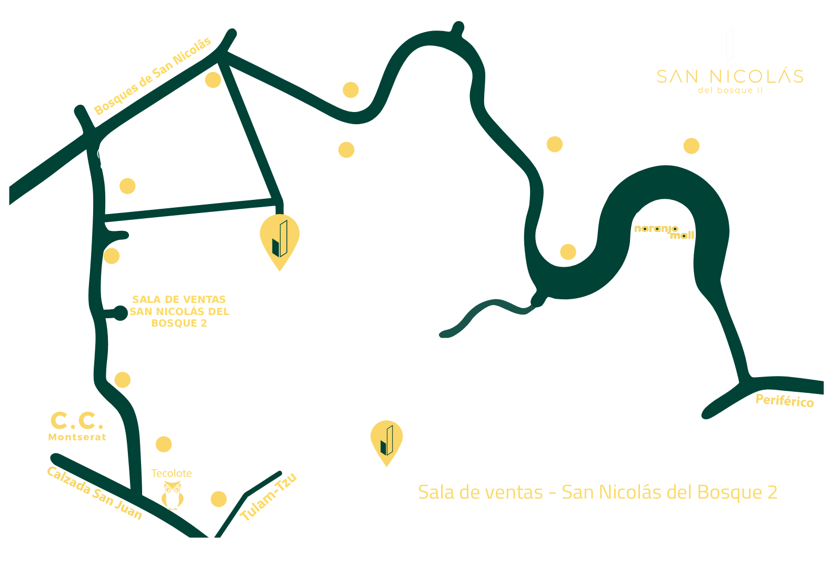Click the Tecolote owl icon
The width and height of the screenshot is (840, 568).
pos(173,495)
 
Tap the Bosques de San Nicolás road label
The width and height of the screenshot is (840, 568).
pos(153,76)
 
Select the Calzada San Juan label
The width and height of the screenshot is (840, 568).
pos(95,493)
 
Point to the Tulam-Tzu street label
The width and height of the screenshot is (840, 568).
pos(268,497)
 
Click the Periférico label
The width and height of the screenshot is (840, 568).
pos(785,401)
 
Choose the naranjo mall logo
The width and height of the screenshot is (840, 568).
pos(664,232)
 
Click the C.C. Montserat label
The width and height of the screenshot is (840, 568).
pos(77,427)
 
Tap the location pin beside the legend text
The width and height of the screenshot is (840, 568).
pos(387,443)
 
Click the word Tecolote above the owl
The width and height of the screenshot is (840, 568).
pos(172,473)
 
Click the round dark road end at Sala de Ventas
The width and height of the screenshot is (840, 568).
pos(121,313)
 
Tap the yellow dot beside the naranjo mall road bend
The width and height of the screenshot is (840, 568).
pos(568,252)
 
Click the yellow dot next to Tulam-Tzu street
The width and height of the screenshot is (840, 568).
pos(218,499)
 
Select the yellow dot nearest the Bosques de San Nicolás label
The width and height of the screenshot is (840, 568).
pos(213,80)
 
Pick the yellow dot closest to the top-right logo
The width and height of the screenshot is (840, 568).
pos(692,146)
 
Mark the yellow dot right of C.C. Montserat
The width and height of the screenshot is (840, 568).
pos(164,444)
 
